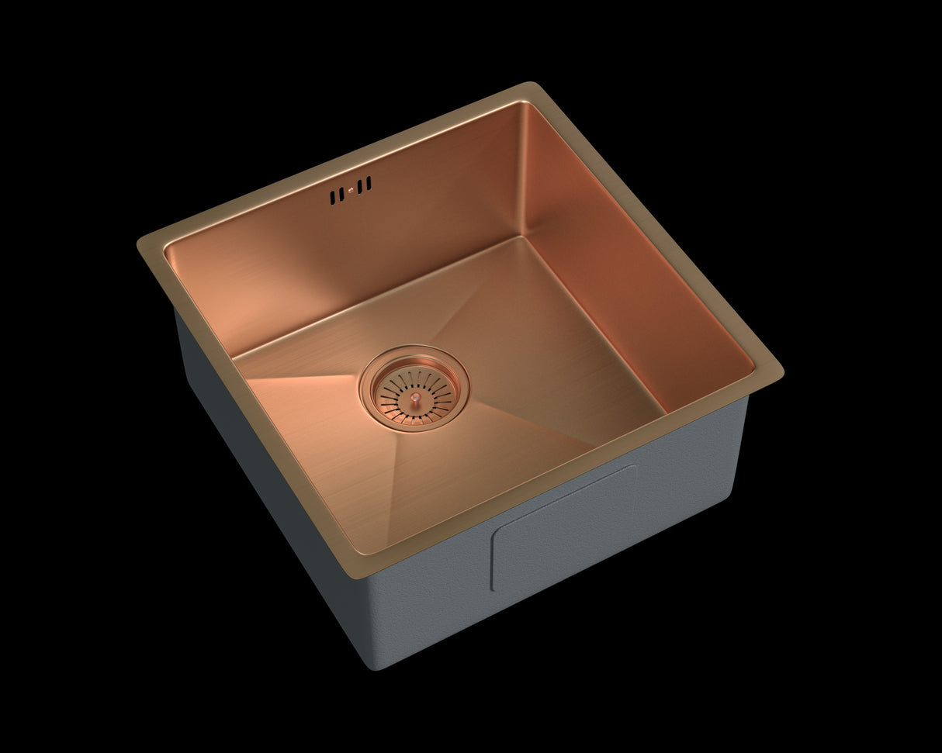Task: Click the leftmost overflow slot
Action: (x=332, y=198)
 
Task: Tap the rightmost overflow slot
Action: (x=369, y=183)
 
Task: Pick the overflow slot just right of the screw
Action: (x=361, y=186)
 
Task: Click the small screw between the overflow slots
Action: (x=351, y=189)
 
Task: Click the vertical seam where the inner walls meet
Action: (x=521, y=171)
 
